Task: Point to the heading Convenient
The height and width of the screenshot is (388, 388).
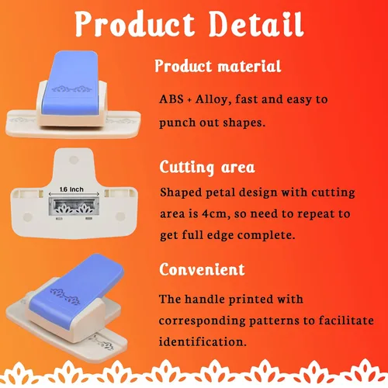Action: click(x=202, y=270)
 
